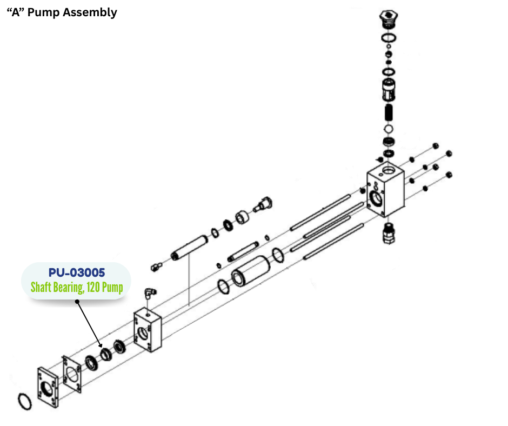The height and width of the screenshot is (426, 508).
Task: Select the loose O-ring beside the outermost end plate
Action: point(24,402)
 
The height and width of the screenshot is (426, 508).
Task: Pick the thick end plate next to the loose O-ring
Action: point(48,387)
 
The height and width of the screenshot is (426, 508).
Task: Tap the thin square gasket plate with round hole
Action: point(73,374)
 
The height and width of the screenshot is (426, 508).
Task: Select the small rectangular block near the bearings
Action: point(146,330)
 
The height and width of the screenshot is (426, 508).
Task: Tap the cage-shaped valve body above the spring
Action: point(387,88)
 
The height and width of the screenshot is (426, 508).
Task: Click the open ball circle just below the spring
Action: point(387,130)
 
